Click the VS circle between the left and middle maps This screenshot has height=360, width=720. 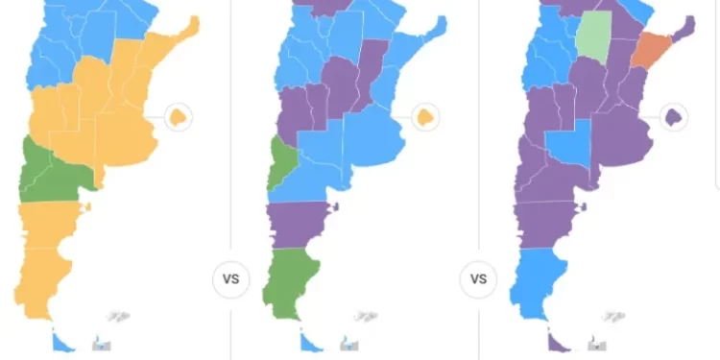230,280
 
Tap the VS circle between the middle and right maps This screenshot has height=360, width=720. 479,280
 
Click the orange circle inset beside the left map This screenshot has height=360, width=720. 178,118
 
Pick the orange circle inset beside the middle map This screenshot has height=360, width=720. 425,118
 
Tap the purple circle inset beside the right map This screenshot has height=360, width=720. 674,118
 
